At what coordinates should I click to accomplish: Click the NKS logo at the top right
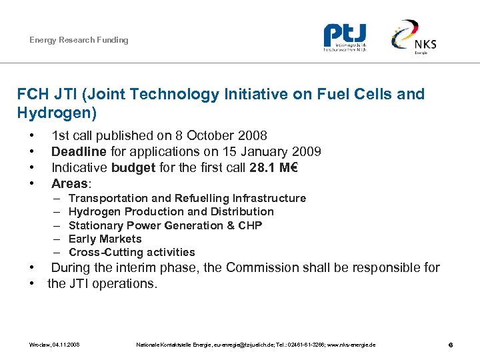click(414, 37)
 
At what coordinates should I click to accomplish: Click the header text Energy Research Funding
click(79, 40)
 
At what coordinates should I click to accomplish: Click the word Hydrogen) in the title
click(57, 113)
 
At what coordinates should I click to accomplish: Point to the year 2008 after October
click(253, 136)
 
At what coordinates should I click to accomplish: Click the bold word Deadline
click(79, 151)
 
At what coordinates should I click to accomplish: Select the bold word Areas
click(69, 183)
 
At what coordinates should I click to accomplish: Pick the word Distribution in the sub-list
click(243, 211)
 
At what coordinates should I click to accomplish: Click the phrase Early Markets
click(105, 239)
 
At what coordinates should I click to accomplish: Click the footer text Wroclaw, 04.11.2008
click(55, 345)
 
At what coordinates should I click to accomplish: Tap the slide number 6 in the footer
click(451, 345)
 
